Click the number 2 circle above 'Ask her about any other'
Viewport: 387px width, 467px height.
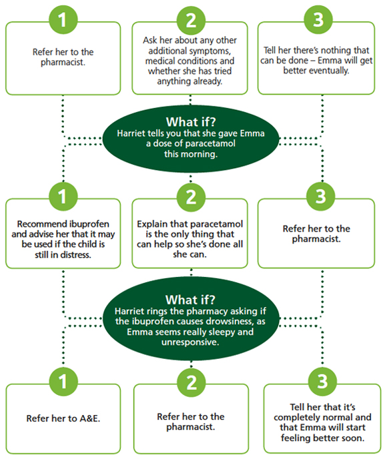pos(191,20)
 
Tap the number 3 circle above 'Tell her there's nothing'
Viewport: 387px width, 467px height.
pos(318,19)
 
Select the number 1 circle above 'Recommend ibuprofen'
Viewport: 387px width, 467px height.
pos(63,197)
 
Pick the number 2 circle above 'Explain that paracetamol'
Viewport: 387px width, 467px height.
pos(191,197)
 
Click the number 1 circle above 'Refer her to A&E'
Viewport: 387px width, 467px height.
pos(63,382)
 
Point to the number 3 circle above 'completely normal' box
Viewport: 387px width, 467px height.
pos(323,382)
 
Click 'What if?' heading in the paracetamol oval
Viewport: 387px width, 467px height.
pos(191,122)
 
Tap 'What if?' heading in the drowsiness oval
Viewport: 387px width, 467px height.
pos(190,300)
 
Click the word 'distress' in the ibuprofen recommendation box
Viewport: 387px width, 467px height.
pos(75,255)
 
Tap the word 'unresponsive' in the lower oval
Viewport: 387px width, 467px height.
pos(190,342)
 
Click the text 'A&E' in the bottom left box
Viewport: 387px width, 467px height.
pos(89,418)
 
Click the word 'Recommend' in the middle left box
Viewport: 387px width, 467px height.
pos(42,224)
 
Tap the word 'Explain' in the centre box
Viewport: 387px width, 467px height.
pos(152,224)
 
